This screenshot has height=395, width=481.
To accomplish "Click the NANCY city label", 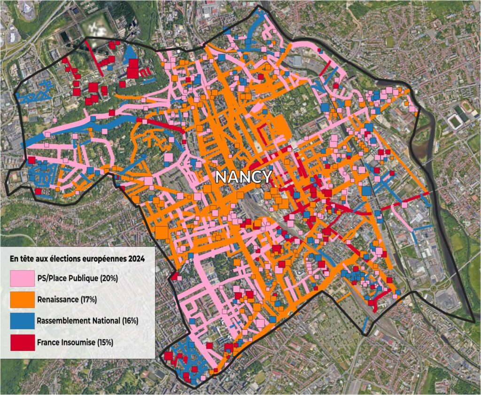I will click(243, 177).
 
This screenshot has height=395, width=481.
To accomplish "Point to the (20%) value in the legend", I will click(109, 278).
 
